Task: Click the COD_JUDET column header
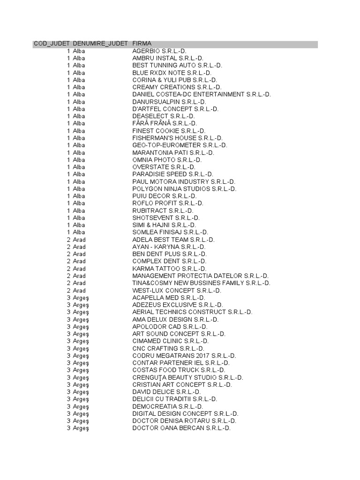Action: coord(52,44)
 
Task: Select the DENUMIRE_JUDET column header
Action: coord(100,44)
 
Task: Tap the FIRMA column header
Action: coord(142,44)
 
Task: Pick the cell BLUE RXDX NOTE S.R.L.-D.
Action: coord(172,73)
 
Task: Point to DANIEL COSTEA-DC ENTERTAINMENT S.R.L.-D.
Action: coord(201,94)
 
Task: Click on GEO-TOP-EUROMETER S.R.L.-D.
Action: coord(180,145)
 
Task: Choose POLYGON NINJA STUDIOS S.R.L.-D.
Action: coord(184,189)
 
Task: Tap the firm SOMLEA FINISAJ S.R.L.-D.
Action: coord(170,232)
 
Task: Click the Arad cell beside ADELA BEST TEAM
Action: coord(79,240)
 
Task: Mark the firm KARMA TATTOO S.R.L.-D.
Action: coord(169,269)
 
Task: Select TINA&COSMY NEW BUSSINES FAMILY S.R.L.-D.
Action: coord(201,283)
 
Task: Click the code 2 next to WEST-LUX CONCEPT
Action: coord(68,291)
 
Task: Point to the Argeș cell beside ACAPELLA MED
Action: coord(81,298)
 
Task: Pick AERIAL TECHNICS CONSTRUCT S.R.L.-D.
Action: coord(192,312)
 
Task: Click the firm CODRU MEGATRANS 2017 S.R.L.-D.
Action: coord(184,356)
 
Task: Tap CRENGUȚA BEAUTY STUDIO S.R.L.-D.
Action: coord(187,377)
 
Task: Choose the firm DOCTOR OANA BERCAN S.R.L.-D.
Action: coord(181,428)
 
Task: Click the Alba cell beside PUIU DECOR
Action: coord(79,196)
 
